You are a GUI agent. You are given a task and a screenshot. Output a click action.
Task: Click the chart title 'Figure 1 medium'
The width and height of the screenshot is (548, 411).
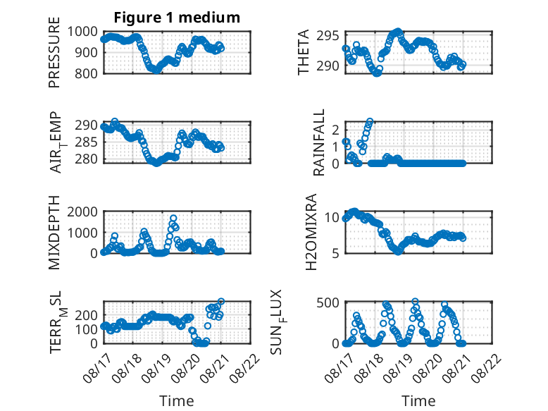[x=177, y=18]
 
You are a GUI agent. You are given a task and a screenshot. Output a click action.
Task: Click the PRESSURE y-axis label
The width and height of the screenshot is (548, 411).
[x=54, y=52]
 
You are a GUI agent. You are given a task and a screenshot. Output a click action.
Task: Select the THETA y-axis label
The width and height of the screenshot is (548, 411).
[x=304, y=52]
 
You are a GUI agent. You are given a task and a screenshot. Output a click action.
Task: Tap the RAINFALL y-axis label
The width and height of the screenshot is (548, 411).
[x=319, y=142]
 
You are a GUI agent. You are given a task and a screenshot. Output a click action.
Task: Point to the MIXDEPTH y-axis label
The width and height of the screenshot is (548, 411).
[x=54, y=232]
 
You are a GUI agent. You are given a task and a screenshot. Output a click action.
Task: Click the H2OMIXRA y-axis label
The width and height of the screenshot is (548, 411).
[x=311, y=232]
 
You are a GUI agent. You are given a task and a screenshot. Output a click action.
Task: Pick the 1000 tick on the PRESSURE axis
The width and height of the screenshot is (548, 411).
[x=82, y=32]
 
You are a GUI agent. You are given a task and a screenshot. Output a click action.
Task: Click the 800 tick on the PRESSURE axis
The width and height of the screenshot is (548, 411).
[x=86, y=73]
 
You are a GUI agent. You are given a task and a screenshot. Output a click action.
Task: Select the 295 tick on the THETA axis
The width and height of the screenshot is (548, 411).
[x=328, y=36]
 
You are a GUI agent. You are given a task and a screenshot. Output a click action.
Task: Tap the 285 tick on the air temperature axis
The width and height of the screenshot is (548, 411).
[x=86, y=142]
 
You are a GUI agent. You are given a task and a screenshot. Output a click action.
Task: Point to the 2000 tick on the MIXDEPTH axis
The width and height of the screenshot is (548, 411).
[x=82, y=211]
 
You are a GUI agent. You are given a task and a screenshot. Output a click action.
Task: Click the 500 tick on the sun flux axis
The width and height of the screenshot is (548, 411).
[x=328, y=302]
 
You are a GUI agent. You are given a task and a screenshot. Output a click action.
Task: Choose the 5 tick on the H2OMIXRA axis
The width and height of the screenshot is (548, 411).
[x=336, y=253]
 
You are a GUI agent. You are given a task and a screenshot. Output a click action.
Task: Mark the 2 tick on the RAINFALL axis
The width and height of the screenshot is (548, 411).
[x=336, y=130]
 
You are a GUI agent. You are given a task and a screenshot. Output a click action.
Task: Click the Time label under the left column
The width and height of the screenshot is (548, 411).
[x=177, y=401]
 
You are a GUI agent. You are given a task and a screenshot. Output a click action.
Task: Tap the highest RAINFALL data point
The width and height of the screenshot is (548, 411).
[x=370, y=121]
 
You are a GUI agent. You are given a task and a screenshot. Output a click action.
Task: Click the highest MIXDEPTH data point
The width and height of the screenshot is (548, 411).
[x=173, y=219]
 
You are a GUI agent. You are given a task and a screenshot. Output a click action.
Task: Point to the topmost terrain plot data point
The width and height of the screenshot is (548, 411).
[x=221, y=301]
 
